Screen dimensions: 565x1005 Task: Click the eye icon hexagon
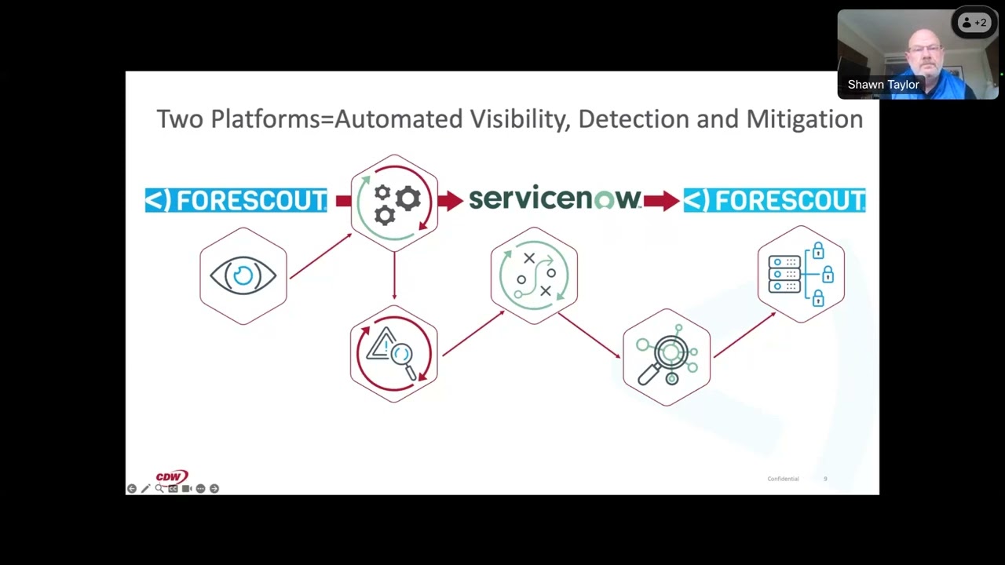click(243, 275)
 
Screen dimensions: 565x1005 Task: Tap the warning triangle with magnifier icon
click(393, 354)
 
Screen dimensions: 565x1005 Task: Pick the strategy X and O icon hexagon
click(534, 275)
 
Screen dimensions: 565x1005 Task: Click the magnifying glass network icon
click(667, 357)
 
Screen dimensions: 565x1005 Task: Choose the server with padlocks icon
click(801, 274)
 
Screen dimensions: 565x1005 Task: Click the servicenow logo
click(554, 199)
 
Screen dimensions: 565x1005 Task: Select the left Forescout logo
click(236, 200)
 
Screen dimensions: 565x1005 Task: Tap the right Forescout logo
click(774, 200)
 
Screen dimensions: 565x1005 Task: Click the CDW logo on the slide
click(171, 476)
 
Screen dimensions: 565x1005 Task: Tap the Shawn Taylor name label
click(883, 85)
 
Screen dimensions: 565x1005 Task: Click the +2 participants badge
click(974, 23)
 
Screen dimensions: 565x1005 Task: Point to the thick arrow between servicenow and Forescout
click(661, 201)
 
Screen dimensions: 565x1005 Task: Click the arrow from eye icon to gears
click(320, 256)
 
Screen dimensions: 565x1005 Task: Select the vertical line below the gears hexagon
click(394, 276)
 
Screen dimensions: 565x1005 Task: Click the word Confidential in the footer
click(783, 479)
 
